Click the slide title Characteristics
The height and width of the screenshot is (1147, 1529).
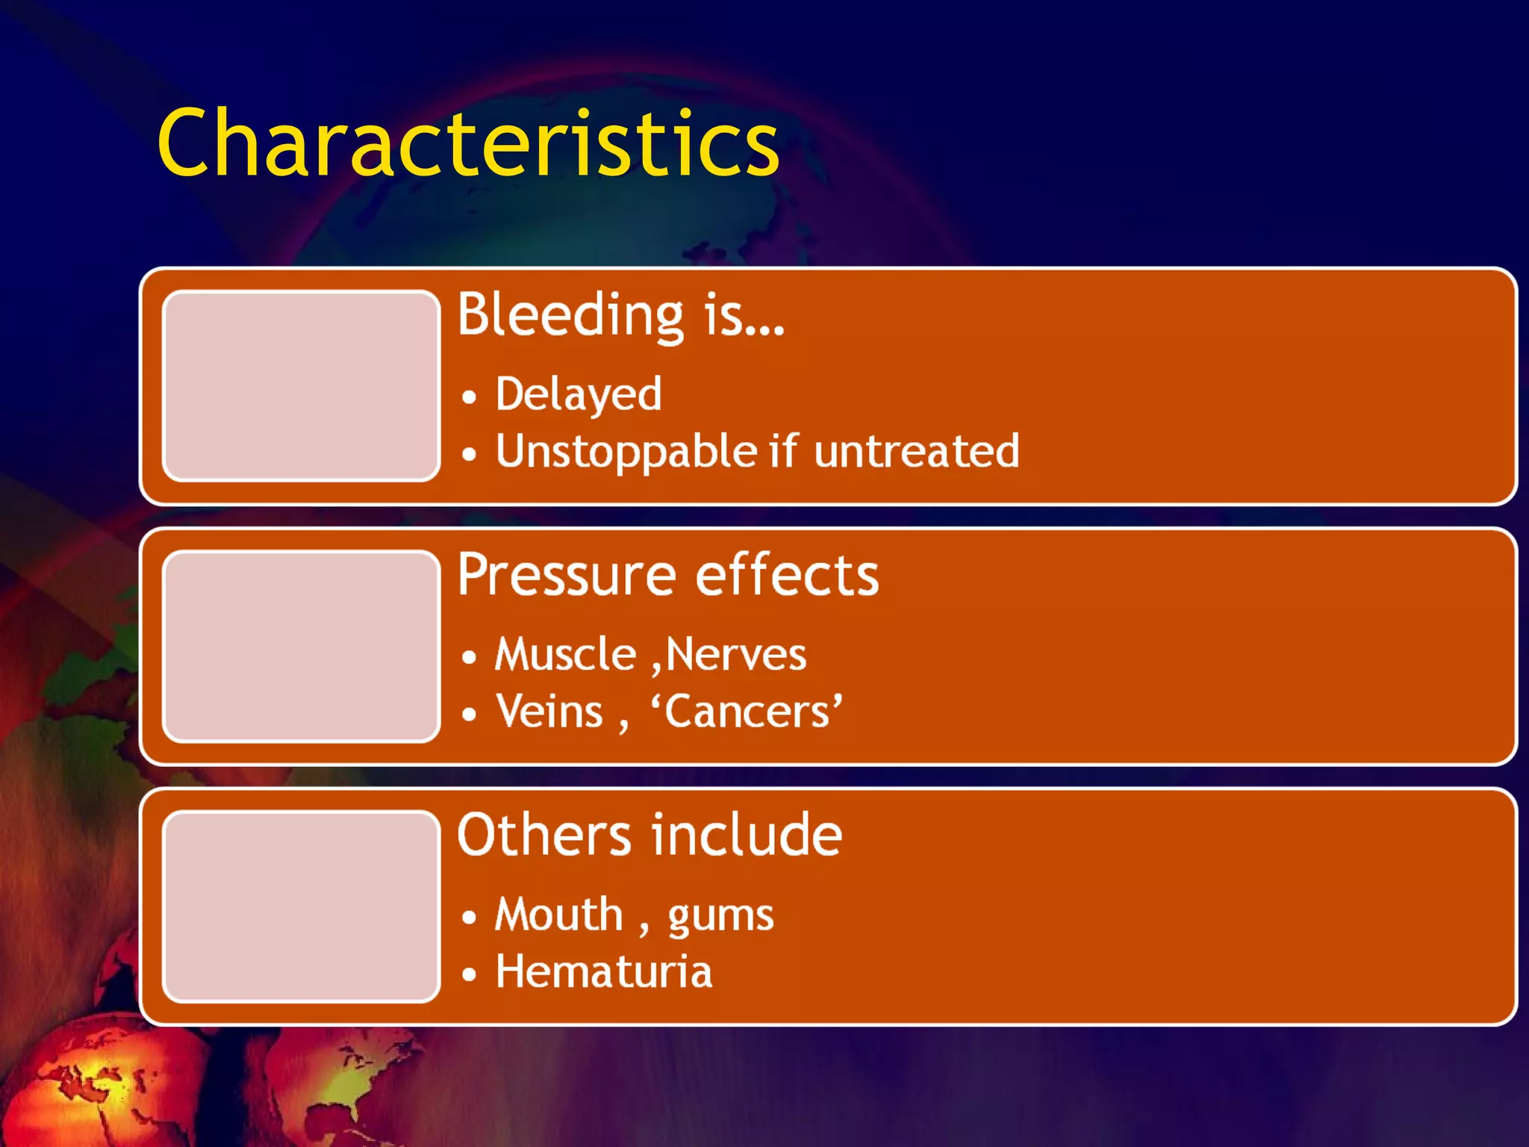[x=468, y=143]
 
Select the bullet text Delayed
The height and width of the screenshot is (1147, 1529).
[x=579, y=394]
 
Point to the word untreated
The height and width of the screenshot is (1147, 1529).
[x=916, y=452]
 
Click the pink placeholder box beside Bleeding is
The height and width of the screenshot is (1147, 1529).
[x=301, y=385]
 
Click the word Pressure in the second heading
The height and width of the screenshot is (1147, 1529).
[x=567, y=575]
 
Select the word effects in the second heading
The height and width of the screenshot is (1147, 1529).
[x=787, y=575]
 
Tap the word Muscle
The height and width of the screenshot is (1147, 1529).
[x=565, y=655]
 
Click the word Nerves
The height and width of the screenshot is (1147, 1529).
[x=735, y=655]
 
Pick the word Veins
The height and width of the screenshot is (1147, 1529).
[x=549, y=712]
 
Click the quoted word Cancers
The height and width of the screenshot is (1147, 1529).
[x=747, y=712]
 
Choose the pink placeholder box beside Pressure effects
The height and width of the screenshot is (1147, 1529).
[x=301, y=646]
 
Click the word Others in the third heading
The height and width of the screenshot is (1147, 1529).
[x=544, y=835]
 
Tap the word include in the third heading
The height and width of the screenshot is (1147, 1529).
[x=747, y=835]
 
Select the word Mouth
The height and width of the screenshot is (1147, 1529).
[x=558, y=915]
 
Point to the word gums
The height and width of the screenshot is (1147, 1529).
[x=720, y=916]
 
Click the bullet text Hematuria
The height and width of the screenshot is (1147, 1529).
[x=604, y=972]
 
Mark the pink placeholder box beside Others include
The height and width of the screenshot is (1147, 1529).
[x=301, y=906]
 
